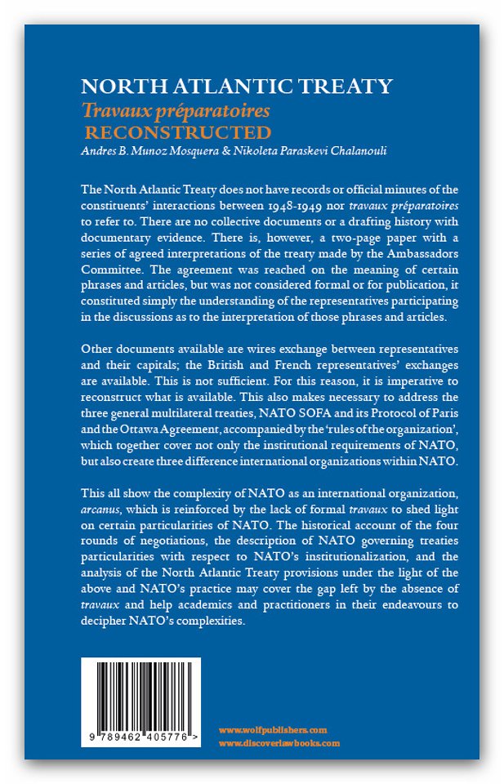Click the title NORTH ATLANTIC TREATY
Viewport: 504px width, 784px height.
click(237, 87)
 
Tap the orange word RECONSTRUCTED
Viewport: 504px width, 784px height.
click(179, 131)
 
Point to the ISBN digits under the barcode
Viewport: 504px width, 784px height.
click(140, 737)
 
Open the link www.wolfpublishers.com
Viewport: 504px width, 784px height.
click(273, 729)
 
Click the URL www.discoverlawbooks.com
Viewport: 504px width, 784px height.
click(279, 743)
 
